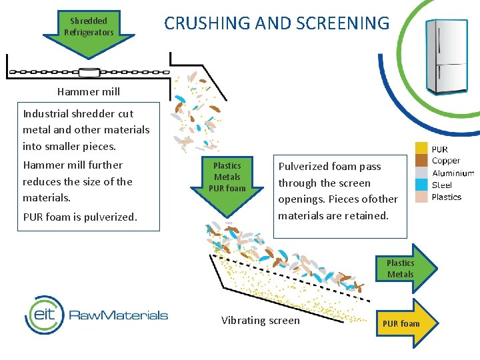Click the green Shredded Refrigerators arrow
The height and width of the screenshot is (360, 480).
pyautogui.click(x=89, y=33)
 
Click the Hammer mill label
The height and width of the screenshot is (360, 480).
pyautogui.click(x=89, y=91)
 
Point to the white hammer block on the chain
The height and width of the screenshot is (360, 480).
pyautogui.click(x=89, y=72)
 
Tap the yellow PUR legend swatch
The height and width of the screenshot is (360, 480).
pyautogui.click(x=421, y=148)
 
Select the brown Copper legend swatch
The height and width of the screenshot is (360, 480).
pyautogui.click(x=421, y=160)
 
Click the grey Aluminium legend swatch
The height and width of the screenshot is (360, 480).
pyautogui.click(x=421, y=172)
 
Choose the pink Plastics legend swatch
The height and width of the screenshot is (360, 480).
pyautogui.click(x=421, y=197)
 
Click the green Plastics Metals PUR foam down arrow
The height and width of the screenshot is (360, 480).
pyautogui.click(x=227, y=185)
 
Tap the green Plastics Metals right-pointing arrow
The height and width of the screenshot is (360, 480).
pyautogui.click(x=407, y=269)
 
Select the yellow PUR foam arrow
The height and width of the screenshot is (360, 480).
pyautogui.click(x=407, y=323)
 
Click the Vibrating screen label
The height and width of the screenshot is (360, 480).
pyautogui.click(x=261, y=321)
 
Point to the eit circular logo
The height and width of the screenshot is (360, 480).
pyautogui.click(x=45, y=315)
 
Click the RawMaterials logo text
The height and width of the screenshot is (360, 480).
pyautogui.click(x=119, y=315)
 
